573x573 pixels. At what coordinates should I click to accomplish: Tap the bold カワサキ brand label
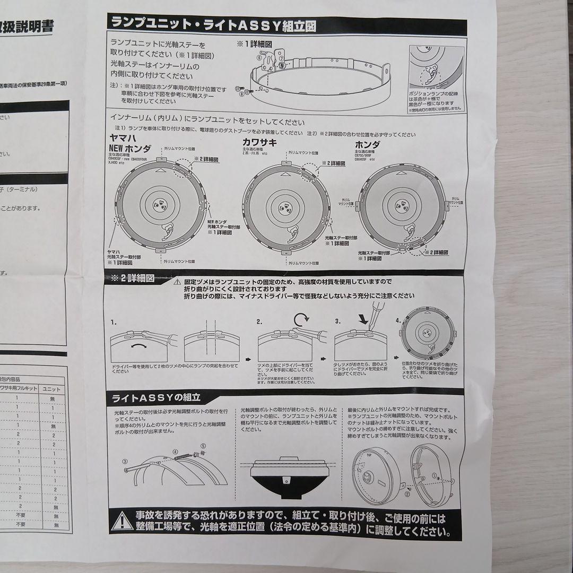(260, 142)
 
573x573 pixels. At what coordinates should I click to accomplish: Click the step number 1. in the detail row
(114, 322)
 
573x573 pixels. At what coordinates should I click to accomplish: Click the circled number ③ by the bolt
(125, 462)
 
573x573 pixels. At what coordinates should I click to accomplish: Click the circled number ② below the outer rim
(407, 494)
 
